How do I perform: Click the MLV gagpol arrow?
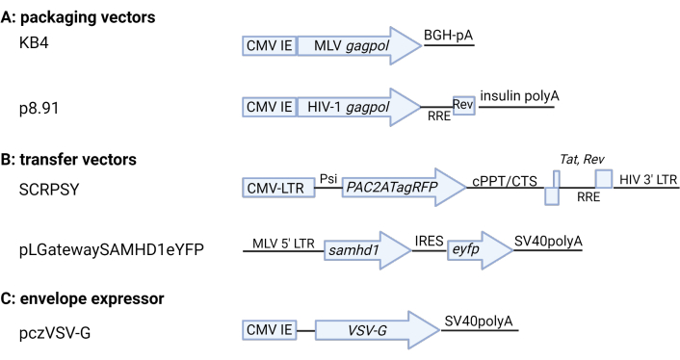coord(359,45)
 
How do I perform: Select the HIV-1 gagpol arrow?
coord(359,107)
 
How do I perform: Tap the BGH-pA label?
coord(448,36)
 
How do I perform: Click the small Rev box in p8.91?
coord(463,105)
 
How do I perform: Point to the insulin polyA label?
coord(519,95)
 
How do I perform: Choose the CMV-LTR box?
coord(279,188)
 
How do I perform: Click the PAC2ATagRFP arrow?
coord(404,187)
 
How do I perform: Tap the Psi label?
coord(328,178)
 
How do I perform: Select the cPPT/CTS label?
coord(505,181)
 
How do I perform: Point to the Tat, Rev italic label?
coord(582,160)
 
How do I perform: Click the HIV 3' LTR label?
coord(648,179)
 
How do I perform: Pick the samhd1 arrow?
coord(367,250)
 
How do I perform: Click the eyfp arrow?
coord(480,250)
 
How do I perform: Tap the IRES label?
coord(429,241)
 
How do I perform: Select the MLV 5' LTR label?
coord(283,244)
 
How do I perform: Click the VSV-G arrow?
coord(378,330)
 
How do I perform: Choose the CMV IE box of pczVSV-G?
coord(270,330)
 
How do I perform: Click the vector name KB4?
coord(34,43)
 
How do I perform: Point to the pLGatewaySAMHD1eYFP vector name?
coord(112,250)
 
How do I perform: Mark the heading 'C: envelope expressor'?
coord(83,299)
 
